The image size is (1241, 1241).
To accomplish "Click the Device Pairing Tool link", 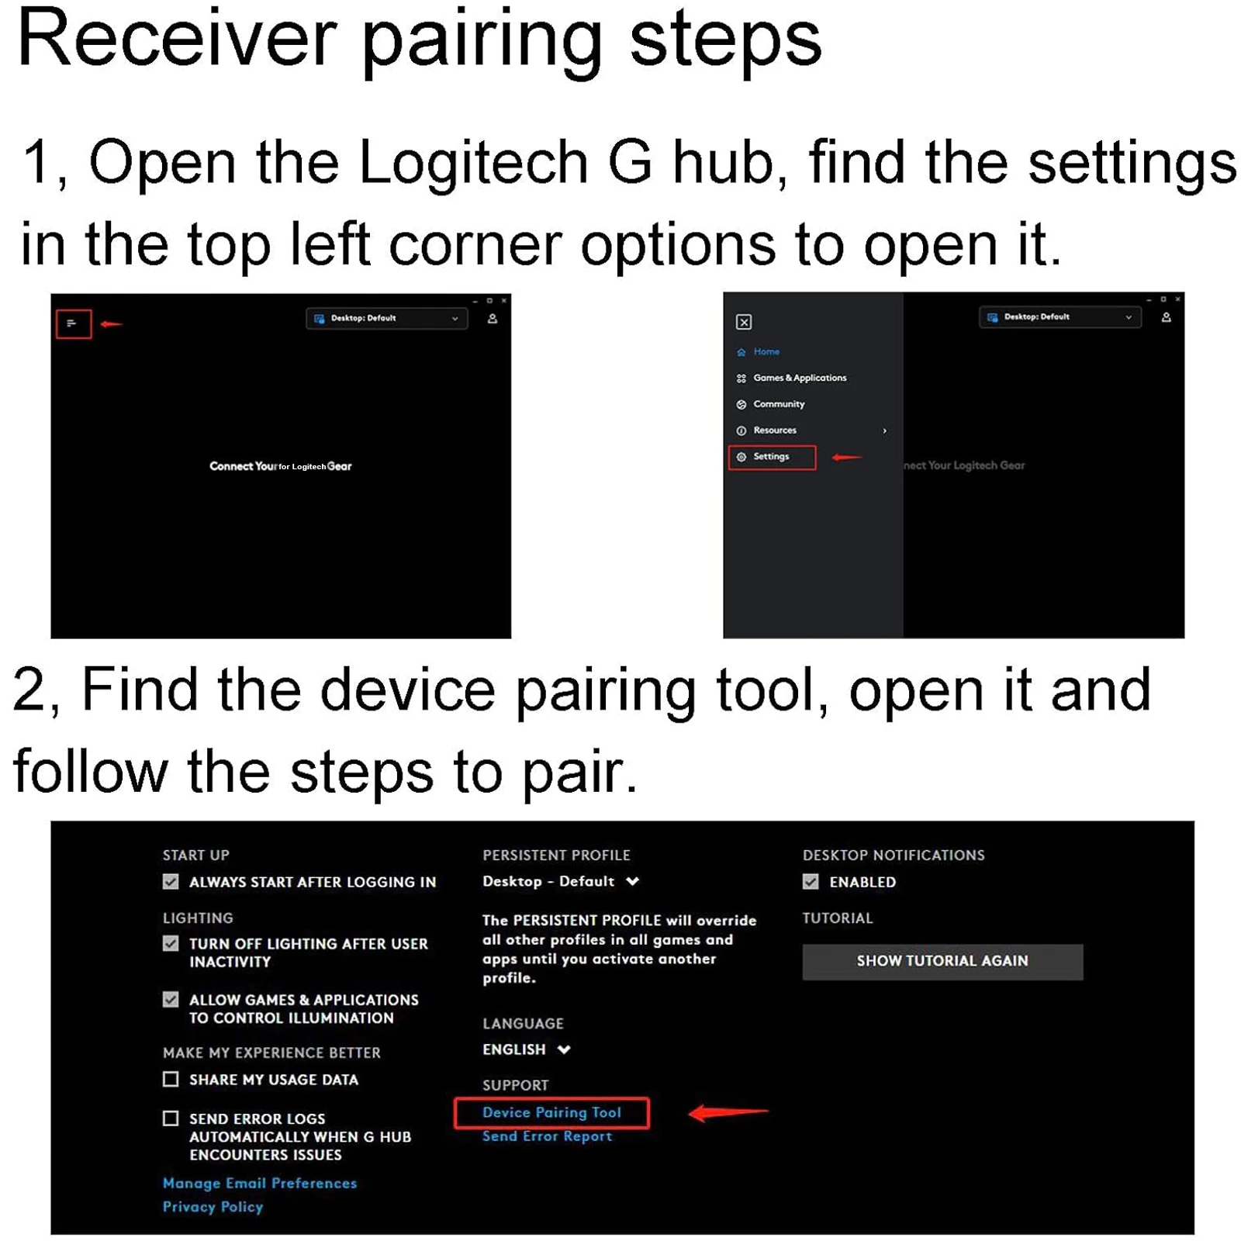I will [551, 1112].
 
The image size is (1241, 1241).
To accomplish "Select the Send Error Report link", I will [547, 1136].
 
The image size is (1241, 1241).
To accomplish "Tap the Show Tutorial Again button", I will [942, 961].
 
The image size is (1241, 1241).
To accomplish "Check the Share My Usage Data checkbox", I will [171, 1079].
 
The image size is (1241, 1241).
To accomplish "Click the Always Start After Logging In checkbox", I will [171, 882].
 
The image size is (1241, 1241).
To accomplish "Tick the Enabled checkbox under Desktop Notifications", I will [811, 882].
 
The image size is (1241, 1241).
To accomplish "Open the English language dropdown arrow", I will [564, 1049].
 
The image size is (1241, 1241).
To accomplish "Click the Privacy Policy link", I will [213, 1207].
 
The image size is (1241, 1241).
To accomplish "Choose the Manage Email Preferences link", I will [260, 1184].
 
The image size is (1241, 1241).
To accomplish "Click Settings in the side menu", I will [771, 457].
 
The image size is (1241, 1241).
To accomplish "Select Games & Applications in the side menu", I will [800, 378].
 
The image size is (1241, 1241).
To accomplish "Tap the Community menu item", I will [779, 404].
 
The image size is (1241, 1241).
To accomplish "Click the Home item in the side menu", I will [766, 351].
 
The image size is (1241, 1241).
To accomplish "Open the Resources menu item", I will [775, 430].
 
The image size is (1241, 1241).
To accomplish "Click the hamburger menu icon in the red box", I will [73, 323].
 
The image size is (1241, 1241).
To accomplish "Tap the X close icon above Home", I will [743, 322].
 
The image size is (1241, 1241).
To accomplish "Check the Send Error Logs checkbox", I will [171, 1118].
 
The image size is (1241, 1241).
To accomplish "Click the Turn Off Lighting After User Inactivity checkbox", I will [171, 944].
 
